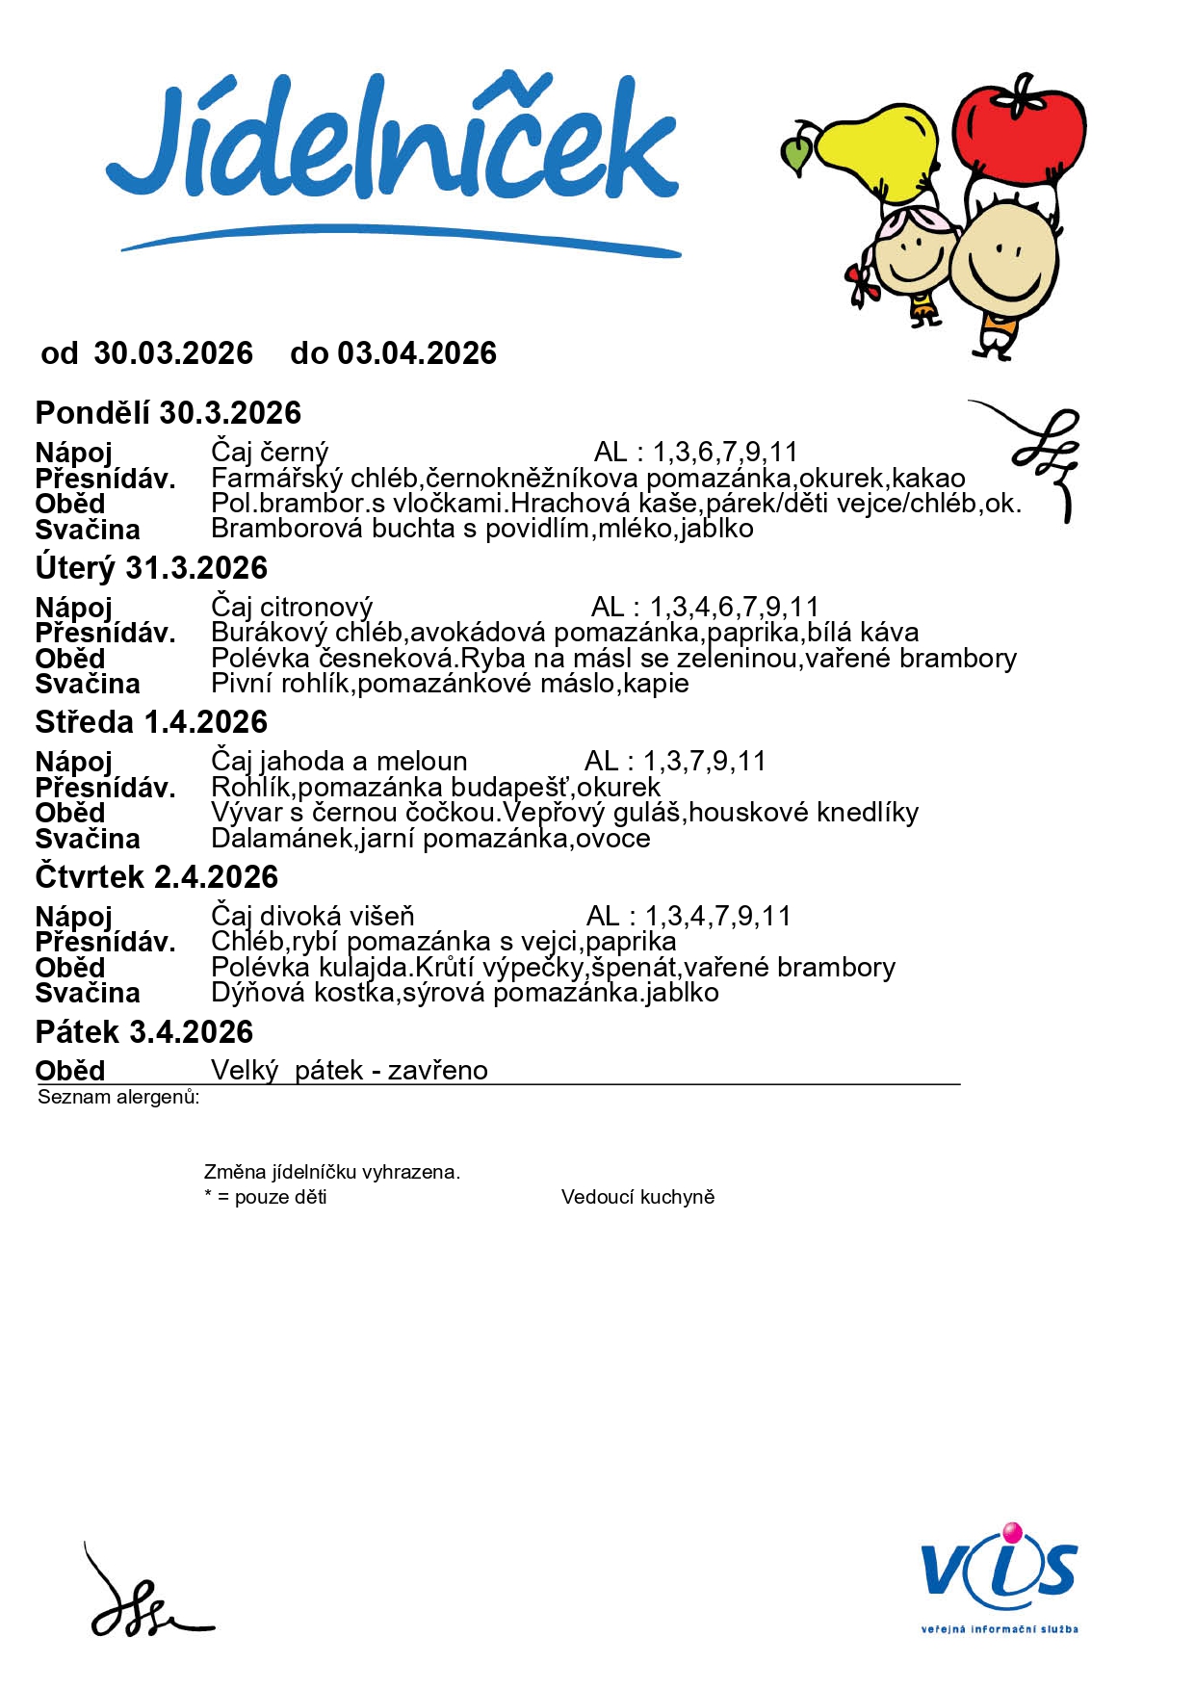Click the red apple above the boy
[x=1019, y=130]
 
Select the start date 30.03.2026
[x=173, y=353]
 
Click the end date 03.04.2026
[x=417, y=353]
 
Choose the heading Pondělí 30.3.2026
[x=169, y=413]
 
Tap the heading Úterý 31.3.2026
[x=151, y=568]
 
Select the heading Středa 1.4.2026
[x=151, y=722]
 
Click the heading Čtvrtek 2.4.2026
[x=157, y=877]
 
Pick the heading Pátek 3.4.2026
[x=144, y=1032]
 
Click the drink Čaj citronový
[x=292, y=608]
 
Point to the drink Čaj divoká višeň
[x=313, y=916]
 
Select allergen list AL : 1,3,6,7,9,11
[x=696, y=452]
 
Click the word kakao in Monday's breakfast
[x=929, y=479]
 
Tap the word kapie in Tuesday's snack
[x=657, y=684]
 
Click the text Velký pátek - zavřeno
[x=350, y=1071]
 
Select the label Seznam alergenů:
[x=118, y=1097]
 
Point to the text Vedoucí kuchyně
[x=637, y=1197]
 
